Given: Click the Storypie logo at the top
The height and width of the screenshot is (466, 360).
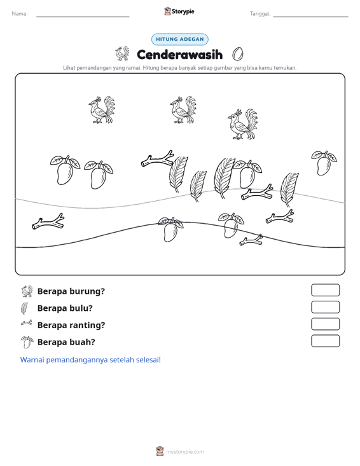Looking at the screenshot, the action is coord(179,11).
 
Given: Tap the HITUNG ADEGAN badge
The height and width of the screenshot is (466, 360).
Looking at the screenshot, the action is coord(180,39).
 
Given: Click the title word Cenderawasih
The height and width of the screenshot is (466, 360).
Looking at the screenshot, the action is coord(179,55).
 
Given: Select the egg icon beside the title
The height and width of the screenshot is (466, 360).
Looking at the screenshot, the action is coord(237,54).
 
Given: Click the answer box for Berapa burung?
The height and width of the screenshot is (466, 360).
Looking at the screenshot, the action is coord(325,290).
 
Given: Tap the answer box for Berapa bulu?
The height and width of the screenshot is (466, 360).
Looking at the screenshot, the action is coord(325,307).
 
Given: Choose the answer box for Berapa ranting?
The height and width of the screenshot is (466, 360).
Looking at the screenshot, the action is coord(325,324).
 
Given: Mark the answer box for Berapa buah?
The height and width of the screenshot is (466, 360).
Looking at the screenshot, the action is coord(325,341).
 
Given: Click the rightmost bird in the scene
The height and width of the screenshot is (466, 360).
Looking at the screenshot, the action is coord(242,124).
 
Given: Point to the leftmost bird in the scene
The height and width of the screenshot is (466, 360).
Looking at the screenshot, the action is coord(101,109).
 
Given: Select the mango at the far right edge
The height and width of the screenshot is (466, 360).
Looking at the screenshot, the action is coord(324,163).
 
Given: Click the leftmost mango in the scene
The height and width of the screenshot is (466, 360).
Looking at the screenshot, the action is coord(65,170).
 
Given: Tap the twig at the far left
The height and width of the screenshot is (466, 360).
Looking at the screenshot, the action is coord(48,222).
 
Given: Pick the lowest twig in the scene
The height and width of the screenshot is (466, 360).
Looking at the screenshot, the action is coord(251,240).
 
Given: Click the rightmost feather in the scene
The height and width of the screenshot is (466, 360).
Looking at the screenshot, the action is coord(289,189).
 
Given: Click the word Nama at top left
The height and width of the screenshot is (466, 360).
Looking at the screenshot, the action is coord(20,14).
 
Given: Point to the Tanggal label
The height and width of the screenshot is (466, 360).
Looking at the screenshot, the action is coord(260,14).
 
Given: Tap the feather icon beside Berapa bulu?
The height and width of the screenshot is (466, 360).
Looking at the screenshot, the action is coord(24,308).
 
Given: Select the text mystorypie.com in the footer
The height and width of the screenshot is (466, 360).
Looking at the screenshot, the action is coord(184,452).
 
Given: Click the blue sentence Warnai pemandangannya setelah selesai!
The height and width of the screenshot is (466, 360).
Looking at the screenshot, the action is coord(90,360).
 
